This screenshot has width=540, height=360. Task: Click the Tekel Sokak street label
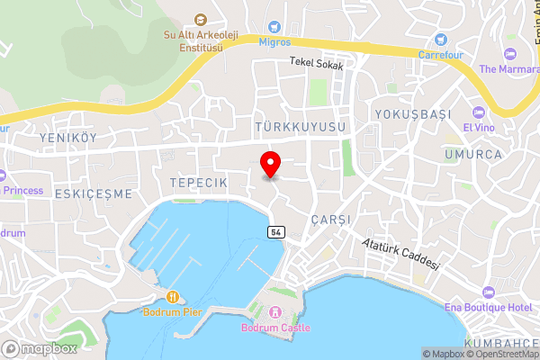coord(316,62)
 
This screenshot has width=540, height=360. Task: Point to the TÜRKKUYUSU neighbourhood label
coord(300,129)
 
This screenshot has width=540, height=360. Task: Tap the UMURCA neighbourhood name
coord(472,155)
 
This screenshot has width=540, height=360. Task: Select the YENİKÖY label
coord(67,138)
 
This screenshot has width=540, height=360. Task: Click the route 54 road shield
coord(275,232)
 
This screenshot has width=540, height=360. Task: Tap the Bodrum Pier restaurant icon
coord(171,297)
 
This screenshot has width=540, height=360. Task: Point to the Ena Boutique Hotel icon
coord(488,293)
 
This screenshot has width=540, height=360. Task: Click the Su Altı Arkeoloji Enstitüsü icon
coord(200,19)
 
